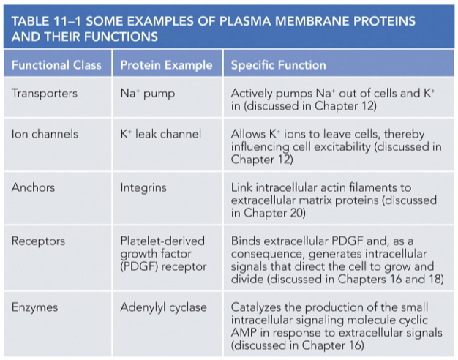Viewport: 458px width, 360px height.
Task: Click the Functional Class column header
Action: tap(56, 65)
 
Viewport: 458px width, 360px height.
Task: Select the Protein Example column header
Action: tap(166, 65)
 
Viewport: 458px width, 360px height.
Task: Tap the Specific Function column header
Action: tap(278, 65)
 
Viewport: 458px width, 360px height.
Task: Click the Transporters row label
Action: tap(45, 94)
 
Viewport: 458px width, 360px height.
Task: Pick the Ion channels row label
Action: tap(45, 134)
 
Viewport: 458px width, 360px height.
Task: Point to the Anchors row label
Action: tap(33, 187)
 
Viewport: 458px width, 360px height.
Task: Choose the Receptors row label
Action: tap(38, 241)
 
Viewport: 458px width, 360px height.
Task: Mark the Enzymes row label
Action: tap(35, 307)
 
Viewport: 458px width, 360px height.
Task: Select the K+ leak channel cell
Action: tap(160, 134)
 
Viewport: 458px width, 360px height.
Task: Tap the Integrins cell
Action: tap(143, 187)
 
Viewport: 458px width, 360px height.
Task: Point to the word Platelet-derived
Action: tap(162, 241)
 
